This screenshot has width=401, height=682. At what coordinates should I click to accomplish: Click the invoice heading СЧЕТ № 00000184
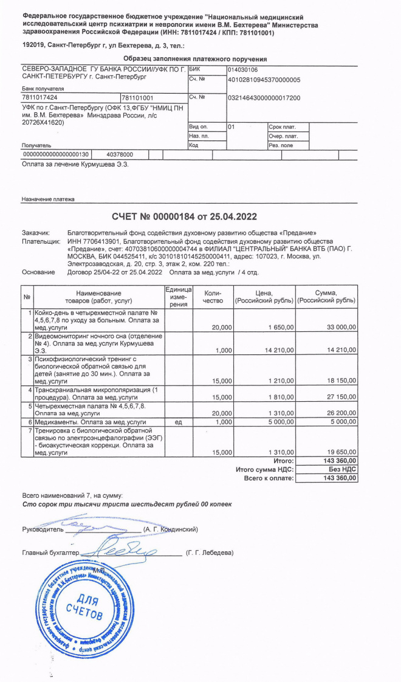(x=184, y=217)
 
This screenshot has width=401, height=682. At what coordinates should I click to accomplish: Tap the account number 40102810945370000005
(x=264, y=80)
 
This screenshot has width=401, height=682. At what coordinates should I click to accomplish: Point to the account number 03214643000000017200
(x=264, y=98)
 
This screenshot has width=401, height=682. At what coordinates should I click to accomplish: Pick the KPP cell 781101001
(x=138, y=98)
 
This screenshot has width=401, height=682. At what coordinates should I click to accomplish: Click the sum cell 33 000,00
(x=341, y=327)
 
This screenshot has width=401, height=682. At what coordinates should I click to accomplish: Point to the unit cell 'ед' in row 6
(x=179, y=421)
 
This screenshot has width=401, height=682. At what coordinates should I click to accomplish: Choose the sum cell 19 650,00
(x=341, y=452)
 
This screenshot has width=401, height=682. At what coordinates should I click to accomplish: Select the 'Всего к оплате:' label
(x=269, y=478)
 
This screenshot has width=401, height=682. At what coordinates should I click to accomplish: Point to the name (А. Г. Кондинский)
(x=170, y=529)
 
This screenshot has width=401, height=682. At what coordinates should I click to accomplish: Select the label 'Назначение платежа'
(x=48, y=199)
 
